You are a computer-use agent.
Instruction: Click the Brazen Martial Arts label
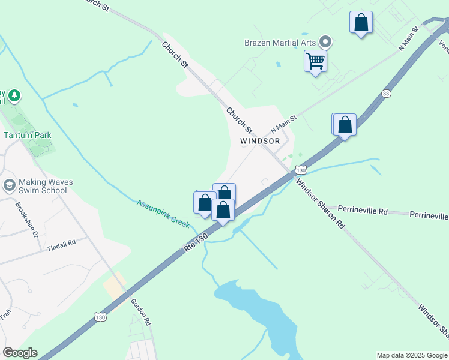(x=280, y=43)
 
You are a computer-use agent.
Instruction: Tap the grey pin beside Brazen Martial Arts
(x=325, y=42)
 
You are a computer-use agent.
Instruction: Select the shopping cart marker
(x=315, y=61)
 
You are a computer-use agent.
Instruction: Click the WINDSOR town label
(x=260, y=141)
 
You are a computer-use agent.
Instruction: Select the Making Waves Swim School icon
(x=9, y=185)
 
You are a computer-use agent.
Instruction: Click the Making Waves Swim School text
(x=43, y=186)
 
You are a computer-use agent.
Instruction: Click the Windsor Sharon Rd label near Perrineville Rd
(x=321, y=205)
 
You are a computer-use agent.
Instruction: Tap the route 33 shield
(x=386, y=93)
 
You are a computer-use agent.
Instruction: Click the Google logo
(x=20, y=353)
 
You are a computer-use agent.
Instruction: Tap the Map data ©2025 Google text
(x=412, y=355)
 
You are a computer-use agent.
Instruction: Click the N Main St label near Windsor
(x=283, y=124)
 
